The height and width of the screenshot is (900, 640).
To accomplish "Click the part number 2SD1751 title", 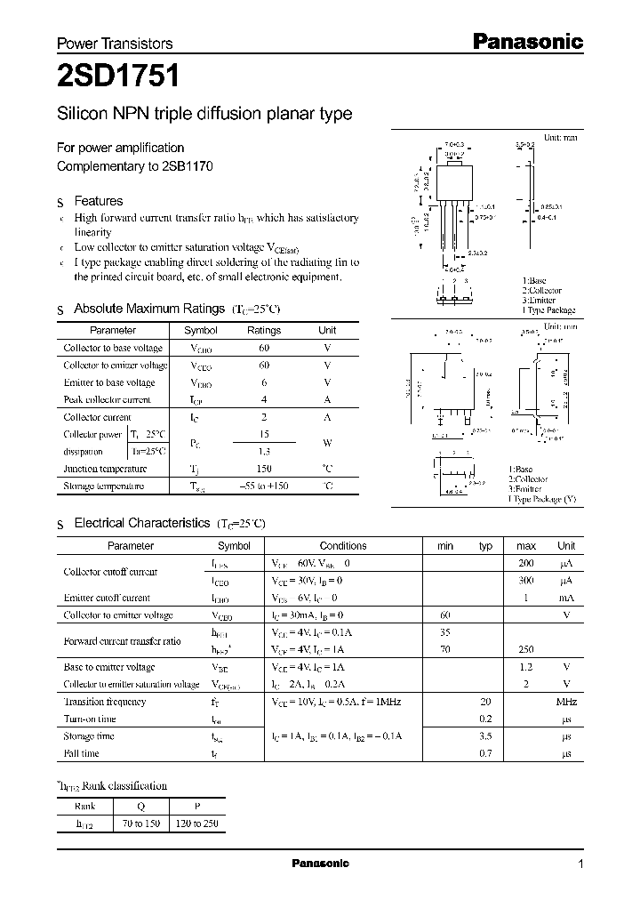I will click(x=118, y=77).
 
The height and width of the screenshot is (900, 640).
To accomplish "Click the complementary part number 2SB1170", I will click(x=188, y=166).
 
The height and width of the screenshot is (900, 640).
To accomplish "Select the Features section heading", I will click(x=98, y=201).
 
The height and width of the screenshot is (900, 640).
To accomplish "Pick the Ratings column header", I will click(x=263, y=330).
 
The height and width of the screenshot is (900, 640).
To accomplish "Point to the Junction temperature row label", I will click(x=105, y=469).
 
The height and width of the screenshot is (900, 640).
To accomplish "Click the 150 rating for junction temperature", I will click(x=263, y=469).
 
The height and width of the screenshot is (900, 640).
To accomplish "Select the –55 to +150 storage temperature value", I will click(x=263, y=486).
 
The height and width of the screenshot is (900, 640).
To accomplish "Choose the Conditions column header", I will click(x=343, y=546).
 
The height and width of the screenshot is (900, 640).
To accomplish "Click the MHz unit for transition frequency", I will click(x=565, y=702).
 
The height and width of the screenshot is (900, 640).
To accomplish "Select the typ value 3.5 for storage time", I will click(x=485, y=736).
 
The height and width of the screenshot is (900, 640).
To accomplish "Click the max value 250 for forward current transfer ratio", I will click(x=526, y=650).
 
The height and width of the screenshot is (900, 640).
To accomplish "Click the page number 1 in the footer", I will click(x=581, y=864).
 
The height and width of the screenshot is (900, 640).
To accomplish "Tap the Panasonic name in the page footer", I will click(x=321, y=864).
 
